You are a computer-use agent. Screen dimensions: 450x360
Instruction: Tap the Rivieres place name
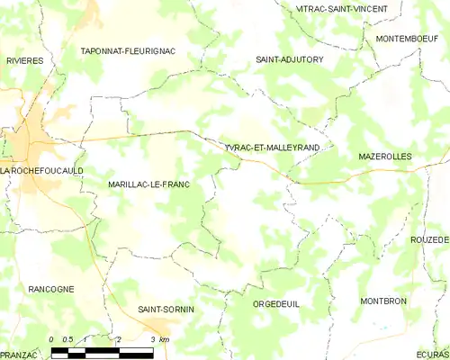25,60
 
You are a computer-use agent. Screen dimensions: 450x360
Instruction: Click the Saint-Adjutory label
290,59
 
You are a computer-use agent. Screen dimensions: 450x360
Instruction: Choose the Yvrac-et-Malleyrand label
274,147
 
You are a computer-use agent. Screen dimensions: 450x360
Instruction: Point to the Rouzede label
429,240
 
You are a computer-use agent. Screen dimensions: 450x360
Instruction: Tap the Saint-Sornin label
166,310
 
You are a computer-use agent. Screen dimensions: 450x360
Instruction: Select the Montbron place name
383,301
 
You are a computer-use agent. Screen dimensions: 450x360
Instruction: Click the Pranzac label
18,355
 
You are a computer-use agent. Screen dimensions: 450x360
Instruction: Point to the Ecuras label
432,355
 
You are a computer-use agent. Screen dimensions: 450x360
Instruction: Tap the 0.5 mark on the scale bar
68,339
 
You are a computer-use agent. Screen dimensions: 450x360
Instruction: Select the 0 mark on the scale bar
52,339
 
